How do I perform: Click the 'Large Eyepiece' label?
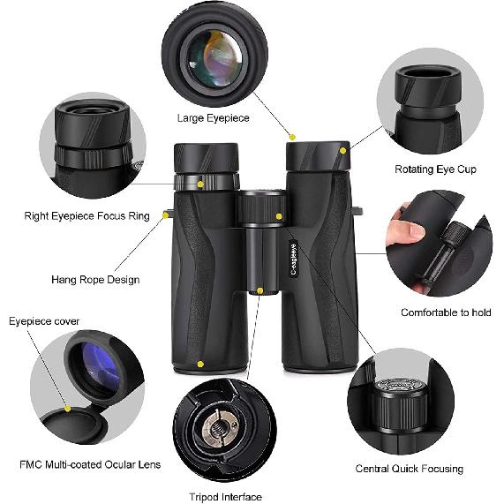(x=214, y=117)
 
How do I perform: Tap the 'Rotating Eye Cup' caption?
(x=435, y=169)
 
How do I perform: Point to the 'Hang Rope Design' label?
(x=94, y=280)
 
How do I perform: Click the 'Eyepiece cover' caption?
(x=44, y=321)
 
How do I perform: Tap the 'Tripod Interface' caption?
(x=225, y=497)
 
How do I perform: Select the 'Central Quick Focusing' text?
(x=409, y=468)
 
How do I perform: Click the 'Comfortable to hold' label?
(x=446, y=312)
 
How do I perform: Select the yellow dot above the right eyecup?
(x=293, y=138)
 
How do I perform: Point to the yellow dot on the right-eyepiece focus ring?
(x=201, y=184)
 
